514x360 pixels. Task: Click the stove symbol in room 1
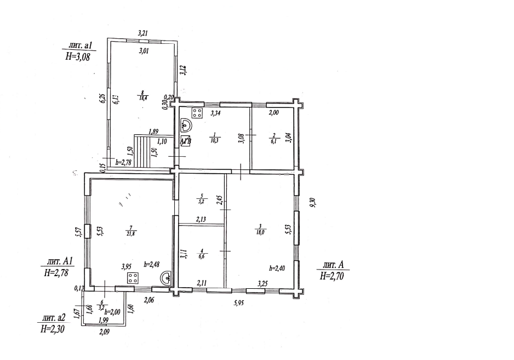[197, 114]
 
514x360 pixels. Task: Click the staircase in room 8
[144, 152]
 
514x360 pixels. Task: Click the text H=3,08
[77, 55]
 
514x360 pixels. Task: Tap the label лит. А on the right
[333, 265]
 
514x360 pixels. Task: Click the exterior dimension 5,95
[238, 302]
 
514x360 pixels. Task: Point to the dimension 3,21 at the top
[142, 33]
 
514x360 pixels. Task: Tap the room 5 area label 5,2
[202, 201]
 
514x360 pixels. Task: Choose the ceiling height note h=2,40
[278, 268]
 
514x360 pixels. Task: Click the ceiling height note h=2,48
[152, 264]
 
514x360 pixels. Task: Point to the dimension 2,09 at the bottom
[104, 331]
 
